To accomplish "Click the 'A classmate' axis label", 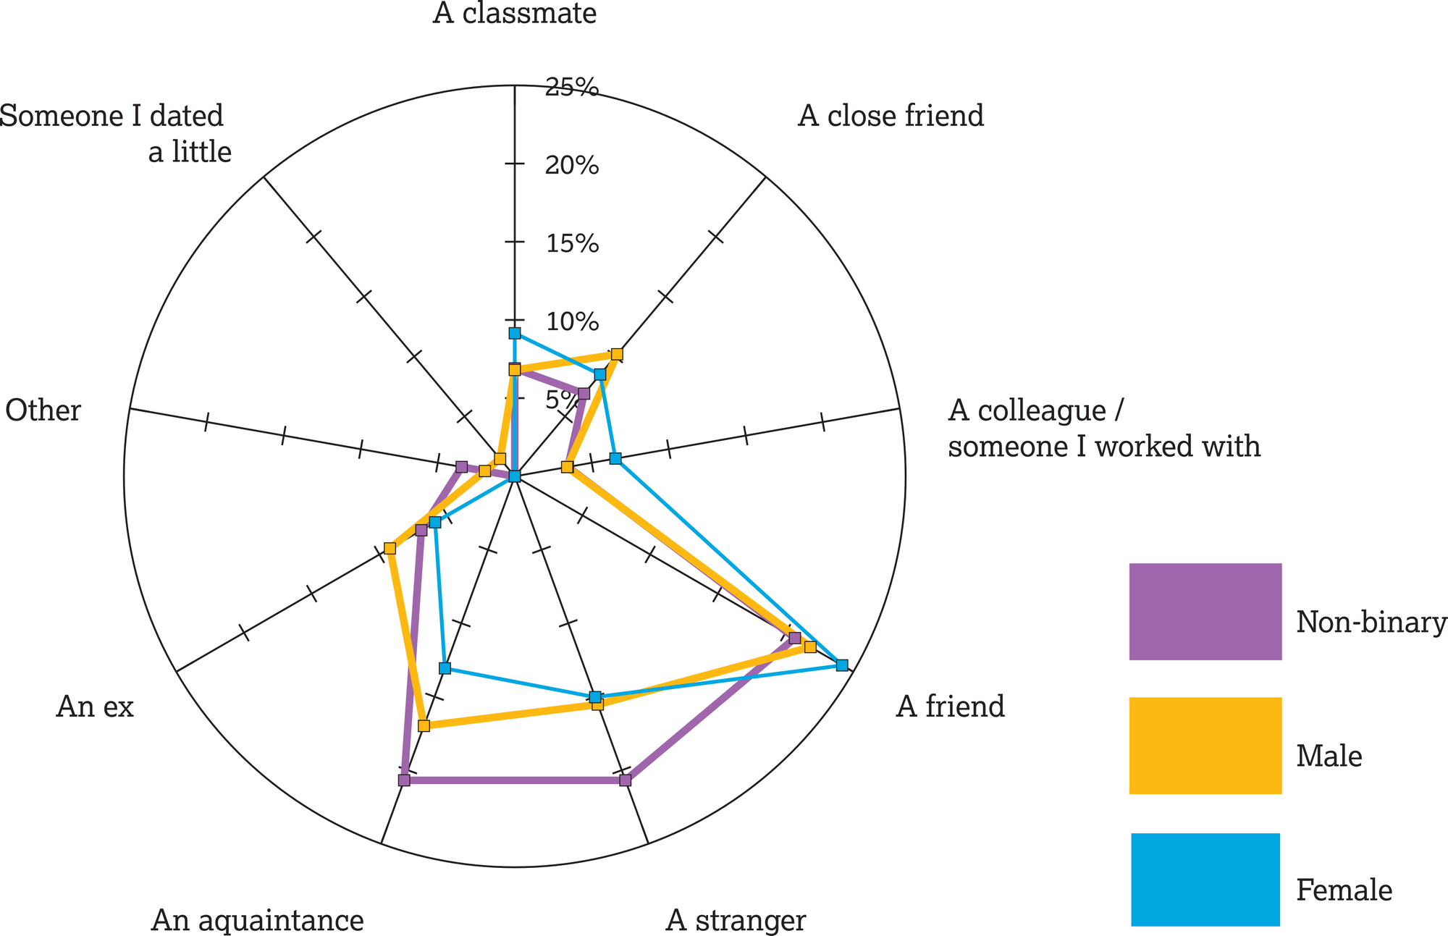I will [515, 13].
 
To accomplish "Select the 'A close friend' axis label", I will [891, 116].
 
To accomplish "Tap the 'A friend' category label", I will [950, 707].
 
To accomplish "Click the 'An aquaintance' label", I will [257, 920].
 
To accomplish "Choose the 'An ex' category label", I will [95, 707].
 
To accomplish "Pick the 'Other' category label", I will [43, 410].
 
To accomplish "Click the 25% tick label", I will [572, 88].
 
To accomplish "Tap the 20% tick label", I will [572, 166].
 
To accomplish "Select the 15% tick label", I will [572, 244].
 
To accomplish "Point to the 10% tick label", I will [572, 321].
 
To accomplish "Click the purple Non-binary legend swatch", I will [1205, 612].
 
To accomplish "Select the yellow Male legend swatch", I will [1205, 746].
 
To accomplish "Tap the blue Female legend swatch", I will [1205, 880].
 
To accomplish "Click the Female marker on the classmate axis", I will [515, 334].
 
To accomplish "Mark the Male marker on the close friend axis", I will [617, 354].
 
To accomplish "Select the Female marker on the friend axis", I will [841, 665].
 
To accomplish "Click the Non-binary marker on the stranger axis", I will [626, 780].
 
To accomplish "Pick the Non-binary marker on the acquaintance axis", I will [404, 780].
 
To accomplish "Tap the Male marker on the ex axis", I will [390, 548].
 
